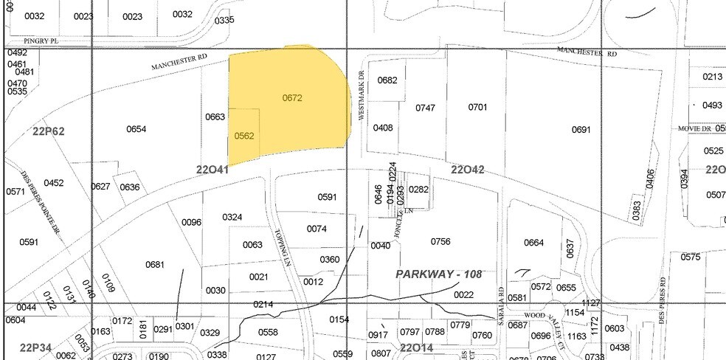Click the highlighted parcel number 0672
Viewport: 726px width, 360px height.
coord(292,97)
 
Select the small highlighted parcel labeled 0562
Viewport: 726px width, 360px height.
coord(244,136)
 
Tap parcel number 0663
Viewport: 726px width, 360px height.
coord(215,117)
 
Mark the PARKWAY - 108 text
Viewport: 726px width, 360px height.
coord(438,274)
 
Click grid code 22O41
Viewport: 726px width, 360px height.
coord(212,170)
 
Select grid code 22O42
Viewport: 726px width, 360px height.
coord(468,170)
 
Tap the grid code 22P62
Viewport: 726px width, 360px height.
coord(49,131)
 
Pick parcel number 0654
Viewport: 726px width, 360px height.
coord(136,129)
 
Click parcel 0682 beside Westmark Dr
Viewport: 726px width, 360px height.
coord(387,80)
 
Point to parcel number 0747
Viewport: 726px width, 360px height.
coord(425,108)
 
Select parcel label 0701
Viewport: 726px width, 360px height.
coord(478,108)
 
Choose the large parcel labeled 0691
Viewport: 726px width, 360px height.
coord(581,130)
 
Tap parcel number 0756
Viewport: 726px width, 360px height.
coord(440,241)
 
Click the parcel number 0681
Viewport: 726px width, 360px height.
coord(155,264)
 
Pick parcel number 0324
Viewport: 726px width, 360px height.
coord(232,217)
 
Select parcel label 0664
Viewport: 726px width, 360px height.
coord(533,243)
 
